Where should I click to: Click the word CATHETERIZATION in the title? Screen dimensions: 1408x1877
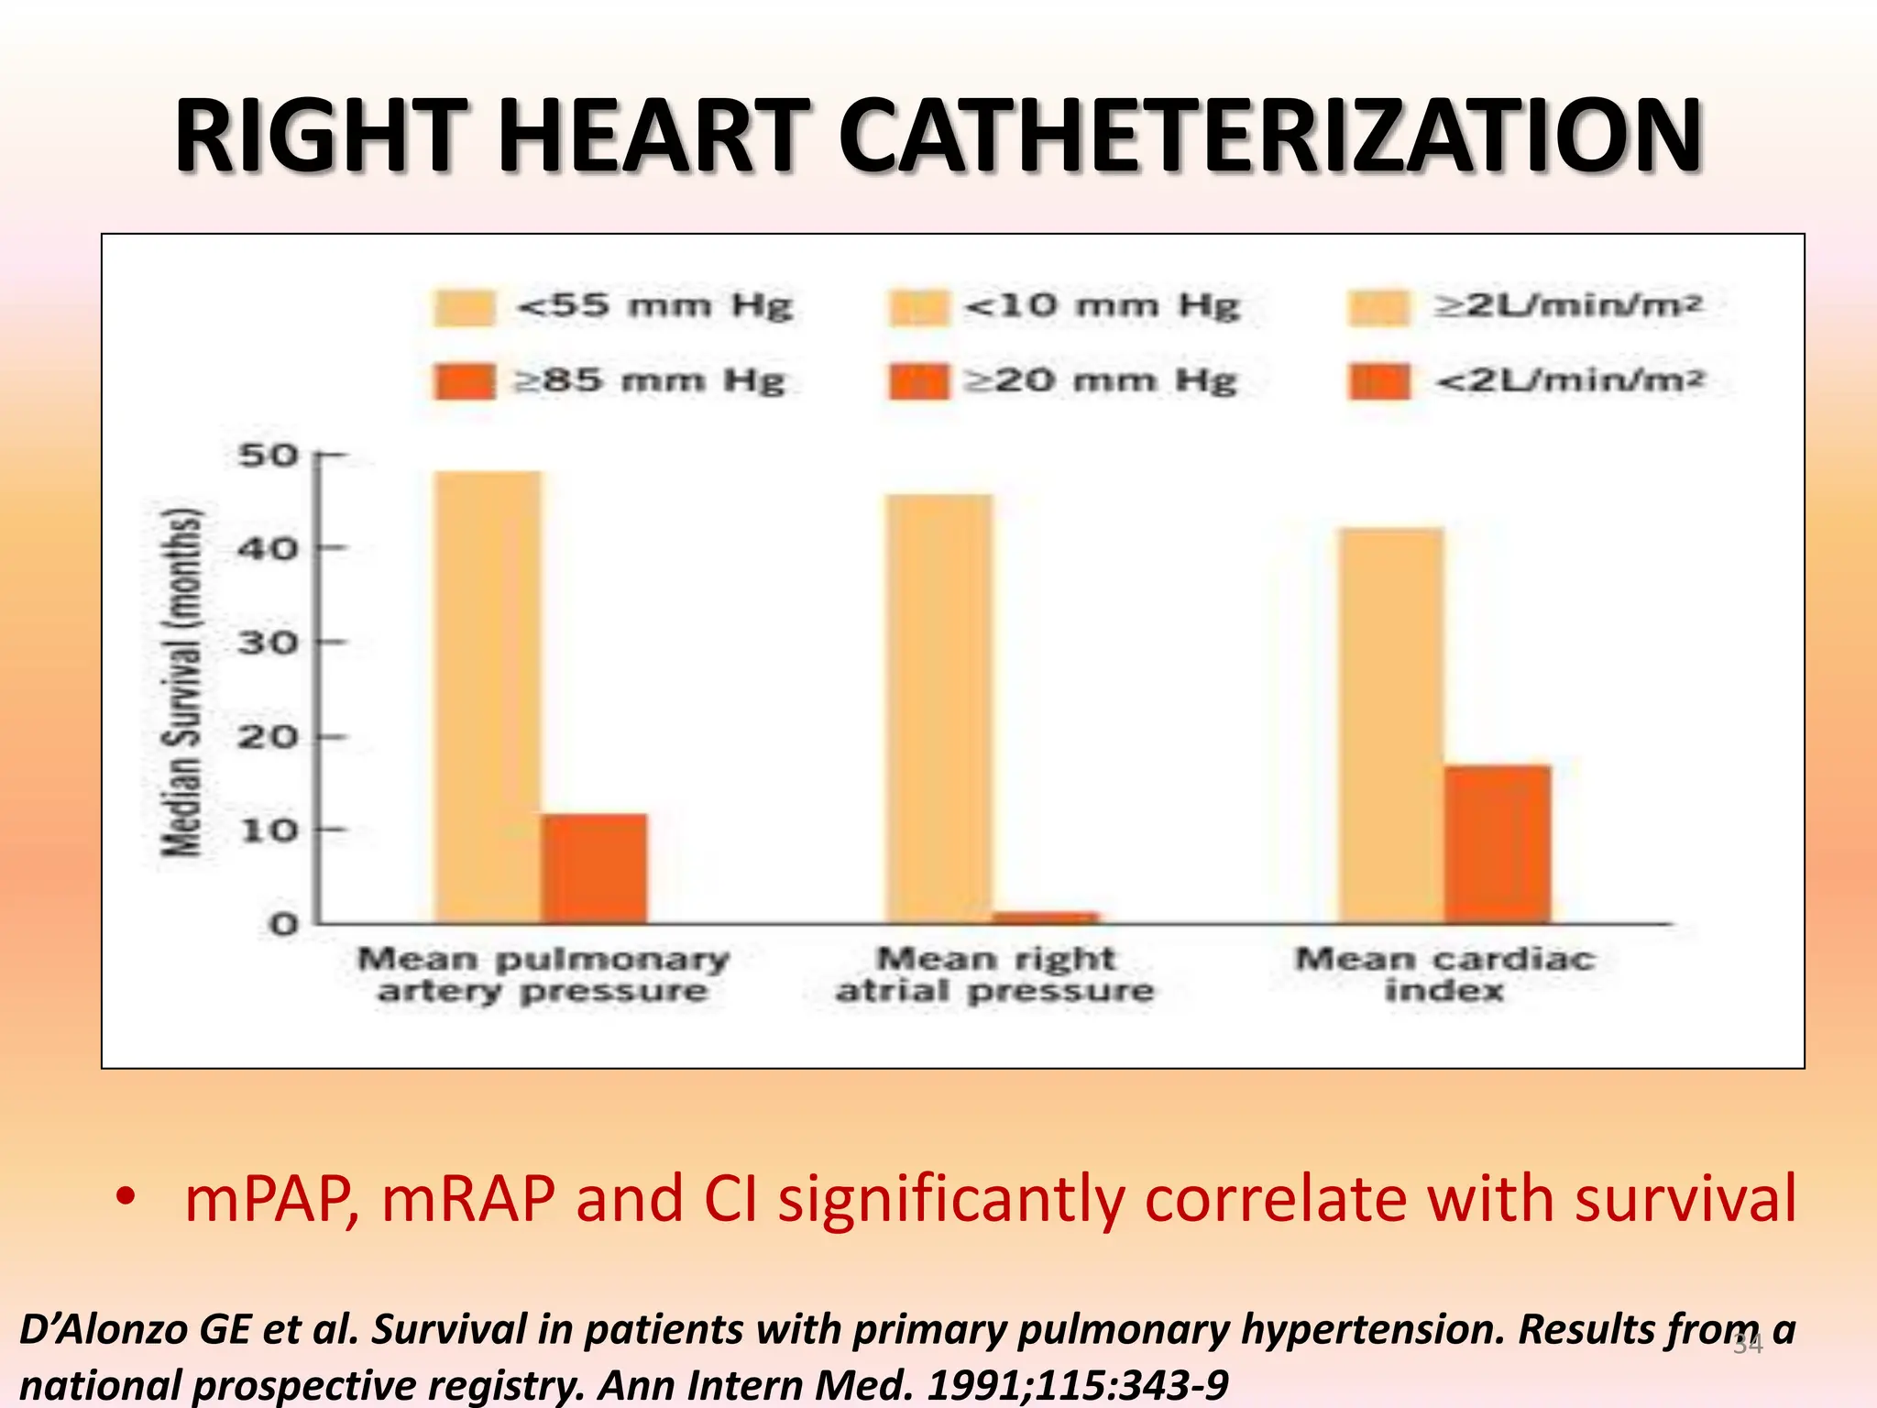(1270, 137)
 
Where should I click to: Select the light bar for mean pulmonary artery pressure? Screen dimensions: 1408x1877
(488, 697)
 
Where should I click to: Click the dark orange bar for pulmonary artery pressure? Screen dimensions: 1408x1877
(594, 868)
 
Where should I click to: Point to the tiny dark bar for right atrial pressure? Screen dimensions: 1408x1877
(1046, 917)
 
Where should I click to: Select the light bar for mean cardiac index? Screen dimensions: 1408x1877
(1391, 724)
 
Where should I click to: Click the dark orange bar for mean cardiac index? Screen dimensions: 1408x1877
(1498, 843)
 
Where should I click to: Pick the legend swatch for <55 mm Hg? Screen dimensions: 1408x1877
(465, 307)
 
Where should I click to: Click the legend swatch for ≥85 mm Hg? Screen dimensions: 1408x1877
(465, 381)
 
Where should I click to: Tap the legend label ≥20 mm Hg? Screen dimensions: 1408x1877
(1101, 380)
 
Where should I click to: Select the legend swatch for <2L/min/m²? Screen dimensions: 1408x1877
(1378, 381)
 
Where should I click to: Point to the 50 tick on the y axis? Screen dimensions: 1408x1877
(269, 455)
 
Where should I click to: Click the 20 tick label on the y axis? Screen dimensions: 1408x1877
(269, 736)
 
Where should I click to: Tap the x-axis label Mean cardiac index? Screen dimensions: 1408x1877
(1444, 973)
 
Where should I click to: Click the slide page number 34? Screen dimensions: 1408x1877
(1748, 1345)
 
